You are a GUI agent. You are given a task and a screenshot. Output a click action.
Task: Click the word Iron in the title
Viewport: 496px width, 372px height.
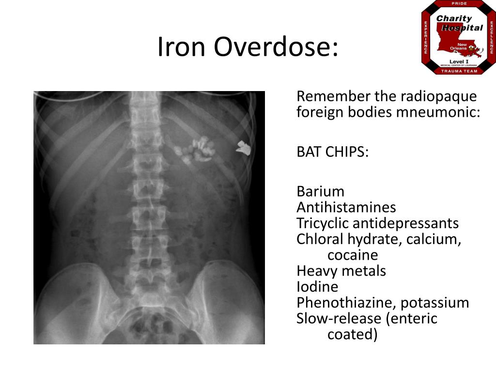pos(181,46)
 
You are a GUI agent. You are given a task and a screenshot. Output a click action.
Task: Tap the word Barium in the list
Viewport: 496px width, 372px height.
pos(320,192)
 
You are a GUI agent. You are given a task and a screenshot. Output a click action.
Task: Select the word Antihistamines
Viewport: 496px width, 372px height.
pos(346,207)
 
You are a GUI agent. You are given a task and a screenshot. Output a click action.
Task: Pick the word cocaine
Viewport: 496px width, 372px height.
pos(353,255)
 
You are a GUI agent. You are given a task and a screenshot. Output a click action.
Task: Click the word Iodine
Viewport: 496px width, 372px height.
pos(317,287)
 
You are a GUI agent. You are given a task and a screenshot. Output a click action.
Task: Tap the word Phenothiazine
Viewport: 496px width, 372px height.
pos(346,303)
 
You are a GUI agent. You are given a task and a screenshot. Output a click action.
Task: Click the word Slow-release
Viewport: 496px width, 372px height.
pos(339,319)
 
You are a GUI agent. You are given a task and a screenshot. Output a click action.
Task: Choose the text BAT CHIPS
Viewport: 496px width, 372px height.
pos(332,152)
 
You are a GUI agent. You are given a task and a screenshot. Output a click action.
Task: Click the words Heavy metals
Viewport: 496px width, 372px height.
pos(341,271)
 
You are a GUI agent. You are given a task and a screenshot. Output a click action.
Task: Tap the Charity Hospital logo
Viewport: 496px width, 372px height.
pos(459,37)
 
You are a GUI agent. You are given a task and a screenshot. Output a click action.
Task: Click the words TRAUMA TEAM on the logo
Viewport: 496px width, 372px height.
pos(459,71)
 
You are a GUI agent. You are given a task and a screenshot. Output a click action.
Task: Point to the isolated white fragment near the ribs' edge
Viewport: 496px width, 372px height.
pos(244,148)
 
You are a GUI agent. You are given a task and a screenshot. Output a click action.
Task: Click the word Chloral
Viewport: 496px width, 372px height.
pos(320,239)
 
